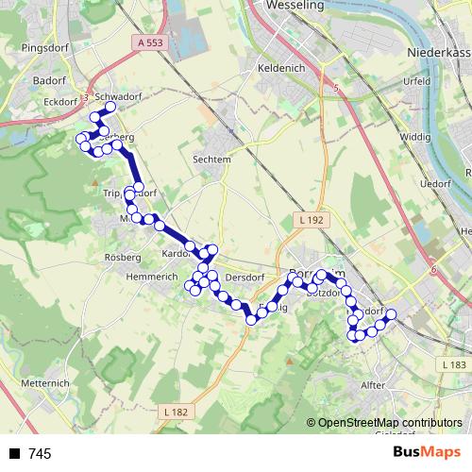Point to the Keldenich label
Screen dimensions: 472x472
pyautogui.click(x=280, y=69)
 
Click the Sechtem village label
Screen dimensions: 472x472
pyautogui.click(x=211, y=160)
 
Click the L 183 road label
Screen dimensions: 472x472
pyautogui.click(x=454, y=364)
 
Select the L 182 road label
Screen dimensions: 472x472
pyautogui.click(x=176, y=412)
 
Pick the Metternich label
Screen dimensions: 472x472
pyautogui.click(x=45, y=383)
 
